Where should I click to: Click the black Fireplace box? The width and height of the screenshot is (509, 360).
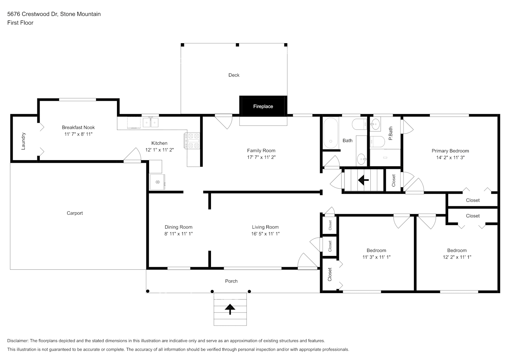[263, 106]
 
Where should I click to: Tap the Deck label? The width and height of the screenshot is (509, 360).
[234, 75]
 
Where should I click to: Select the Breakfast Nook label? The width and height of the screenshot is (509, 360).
[78, 127]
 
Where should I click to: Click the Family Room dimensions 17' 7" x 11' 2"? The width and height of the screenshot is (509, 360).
[261, 157]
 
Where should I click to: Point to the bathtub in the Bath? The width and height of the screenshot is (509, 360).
[330, 133]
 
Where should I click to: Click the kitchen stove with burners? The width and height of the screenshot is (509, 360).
[192, 141]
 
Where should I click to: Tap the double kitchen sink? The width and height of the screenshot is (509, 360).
[150, 123]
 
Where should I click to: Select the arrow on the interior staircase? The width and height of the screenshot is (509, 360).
[363, 179]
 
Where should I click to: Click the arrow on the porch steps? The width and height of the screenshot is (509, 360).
[230, 309]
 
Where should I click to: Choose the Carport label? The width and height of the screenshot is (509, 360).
[75, 213]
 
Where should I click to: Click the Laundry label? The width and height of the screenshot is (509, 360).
[23, 141]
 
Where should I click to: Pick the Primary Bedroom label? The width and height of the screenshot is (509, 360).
[450, 151]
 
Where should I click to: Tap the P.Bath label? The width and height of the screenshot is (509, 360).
[391, 133]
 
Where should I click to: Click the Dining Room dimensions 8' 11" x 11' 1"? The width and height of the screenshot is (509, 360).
[179, 234]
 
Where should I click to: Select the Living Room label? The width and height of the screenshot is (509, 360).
[265, 227]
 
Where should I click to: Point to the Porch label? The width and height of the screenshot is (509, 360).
[231, 281]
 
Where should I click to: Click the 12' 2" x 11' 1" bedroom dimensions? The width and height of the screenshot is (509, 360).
[457, 257]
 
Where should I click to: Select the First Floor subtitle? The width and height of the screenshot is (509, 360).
[20, 23]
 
